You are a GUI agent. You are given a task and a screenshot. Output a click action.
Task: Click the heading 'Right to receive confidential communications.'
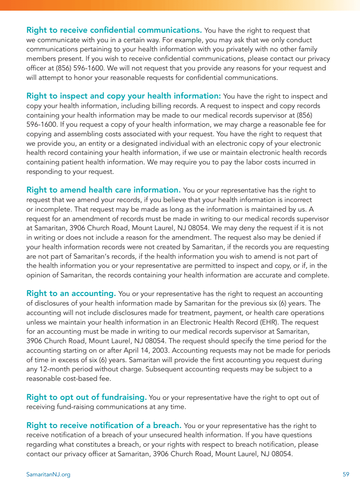(114, 30)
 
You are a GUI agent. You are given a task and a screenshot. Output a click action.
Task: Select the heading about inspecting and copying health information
(124, 96)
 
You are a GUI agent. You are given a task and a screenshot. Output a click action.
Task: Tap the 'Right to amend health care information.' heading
(104, 190)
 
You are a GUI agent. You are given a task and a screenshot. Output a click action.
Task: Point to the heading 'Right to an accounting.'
(71, 293)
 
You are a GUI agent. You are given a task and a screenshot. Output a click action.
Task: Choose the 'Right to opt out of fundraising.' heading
(86, 397)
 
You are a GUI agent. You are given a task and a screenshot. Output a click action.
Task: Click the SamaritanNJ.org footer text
(48, 474)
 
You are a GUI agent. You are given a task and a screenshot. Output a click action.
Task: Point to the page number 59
(346, 474)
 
